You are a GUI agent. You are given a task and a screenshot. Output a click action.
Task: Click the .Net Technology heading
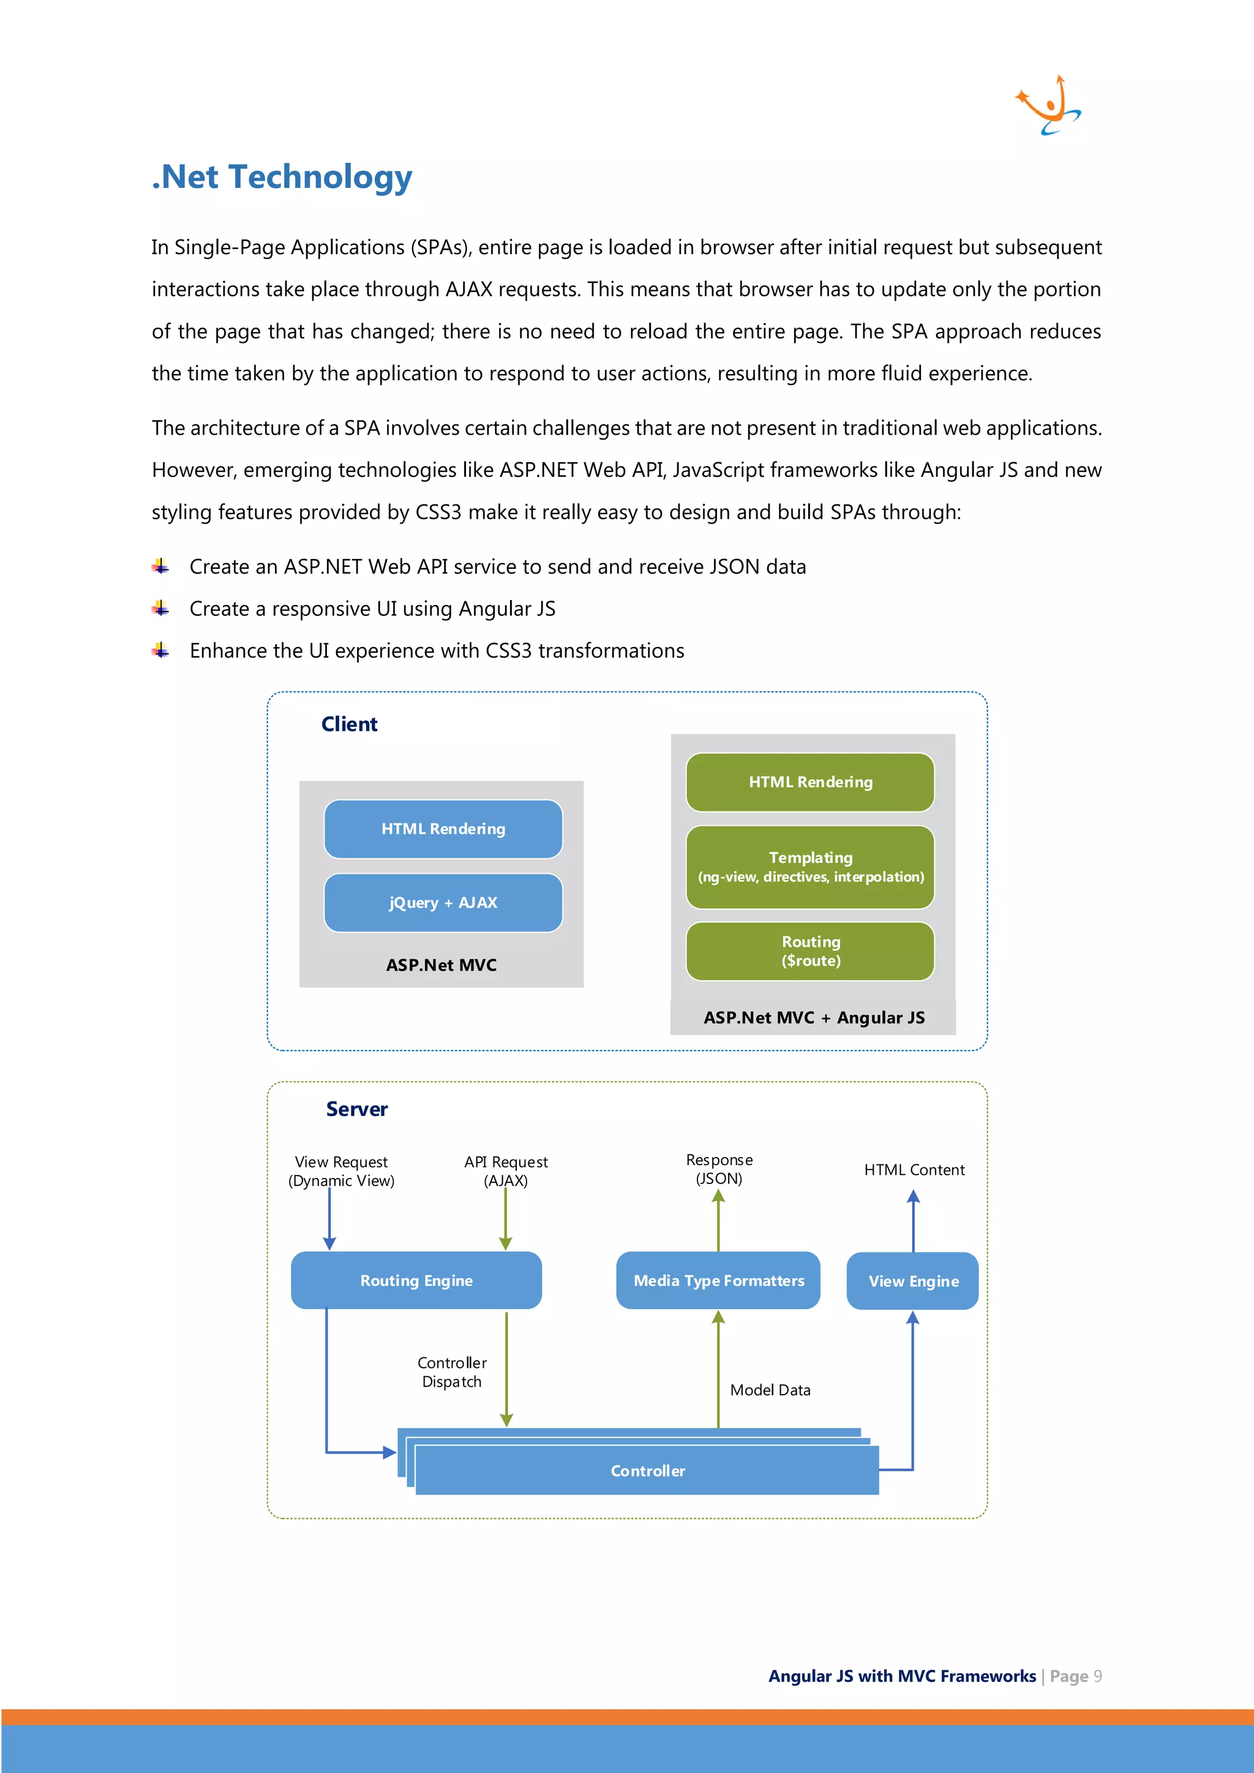tap(282, 177)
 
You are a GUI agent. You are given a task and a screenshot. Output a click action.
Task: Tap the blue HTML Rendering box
tap(443, 828)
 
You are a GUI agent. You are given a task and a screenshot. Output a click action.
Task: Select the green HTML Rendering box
tap(810, 781)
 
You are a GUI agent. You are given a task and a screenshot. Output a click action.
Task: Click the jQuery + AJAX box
tap(443, 902)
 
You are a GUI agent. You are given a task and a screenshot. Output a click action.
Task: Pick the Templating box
tap(810, 866)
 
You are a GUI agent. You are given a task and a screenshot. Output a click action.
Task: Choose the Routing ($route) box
tap(810, 951)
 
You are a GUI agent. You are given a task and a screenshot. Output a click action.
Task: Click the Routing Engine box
tap(416, 1280)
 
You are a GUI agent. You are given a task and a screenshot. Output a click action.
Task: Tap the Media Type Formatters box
tap(718, 1280)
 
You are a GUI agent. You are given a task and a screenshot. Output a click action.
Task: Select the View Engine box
tap(913, 1281)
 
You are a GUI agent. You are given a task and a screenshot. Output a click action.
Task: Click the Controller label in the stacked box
tap(647, 1471)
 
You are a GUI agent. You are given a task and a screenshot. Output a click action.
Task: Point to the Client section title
tap(349, 724)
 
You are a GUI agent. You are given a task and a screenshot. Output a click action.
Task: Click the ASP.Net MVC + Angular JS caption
tap(813, 1018)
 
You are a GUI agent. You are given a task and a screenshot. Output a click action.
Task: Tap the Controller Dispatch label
tap(452, 1372)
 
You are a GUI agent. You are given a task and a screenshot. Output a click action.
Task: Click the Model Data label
tap(770, 1390)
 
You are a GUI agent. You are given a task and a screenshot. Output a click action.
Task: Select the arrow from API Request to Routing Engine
tap(506, 1218)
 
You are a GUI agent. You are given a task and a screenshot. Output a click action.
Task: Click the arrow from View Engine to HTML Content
tap(914, 1220)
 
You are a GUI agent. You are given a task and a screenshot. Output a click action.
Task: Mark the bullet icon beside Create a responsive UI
tap(160, 609)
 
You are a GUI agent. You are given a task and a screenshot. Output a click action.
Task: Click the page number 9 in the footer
tap(1097, 1676)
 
